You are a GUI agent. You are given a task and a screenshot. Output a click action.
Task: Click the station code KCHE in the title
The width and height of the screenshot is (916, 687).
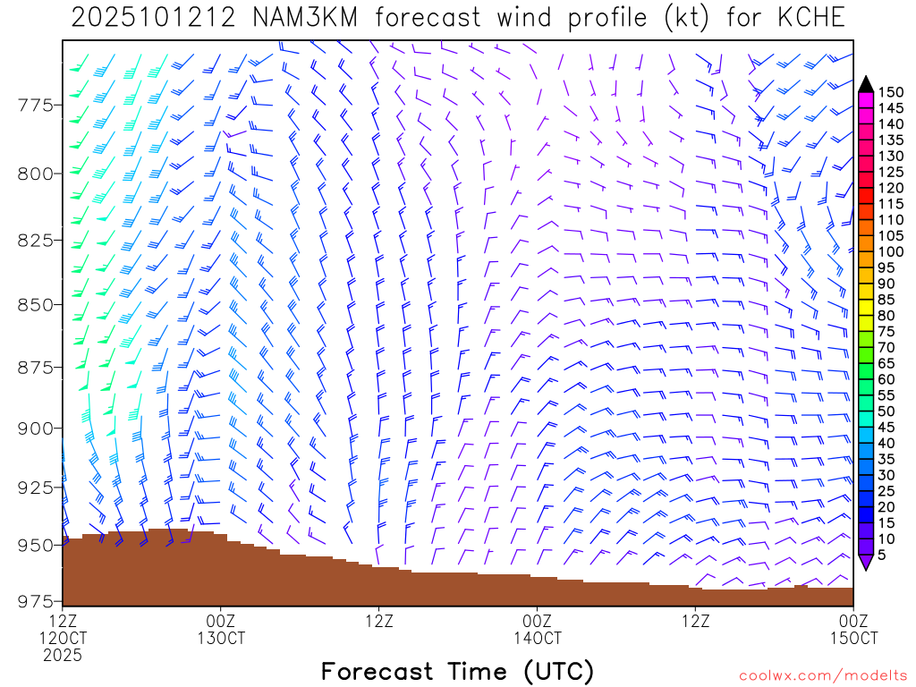809,17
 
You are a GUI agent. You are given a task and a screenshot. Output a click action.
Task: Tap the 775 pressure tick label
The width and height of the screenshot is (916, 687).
36,106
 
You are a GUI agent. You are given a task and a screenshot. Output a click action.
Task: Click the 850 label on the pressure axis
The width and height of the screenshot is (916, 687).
36,305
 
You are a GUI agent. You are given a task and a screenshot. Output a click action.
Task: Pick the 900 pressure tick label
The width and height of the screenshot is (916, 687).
36,428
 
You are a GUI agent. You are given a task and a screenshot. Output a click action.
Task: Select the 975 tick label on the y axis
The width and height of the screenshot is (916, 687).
36,600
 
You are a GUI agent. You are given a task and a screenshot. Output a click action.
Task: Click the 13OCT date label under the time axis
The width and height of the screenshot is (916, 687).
221,638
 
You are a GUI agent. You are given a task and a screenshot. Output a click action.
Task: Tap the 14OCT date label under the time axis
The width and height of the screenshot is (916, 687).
538,638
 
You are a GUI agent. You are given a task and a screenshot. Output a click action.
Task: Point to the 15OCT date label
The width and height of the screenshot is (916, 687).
853,638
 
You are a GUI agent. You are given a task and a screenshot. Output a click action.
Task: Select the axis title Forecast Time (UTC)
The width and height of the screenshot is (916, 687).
457,671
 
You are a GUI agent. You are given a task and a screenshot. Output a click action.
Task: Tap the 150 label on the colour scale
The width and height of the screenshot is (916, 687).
891,92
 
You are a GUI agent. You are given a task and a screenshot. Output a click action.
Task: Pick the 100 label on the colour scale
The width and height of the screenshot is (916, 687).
891,251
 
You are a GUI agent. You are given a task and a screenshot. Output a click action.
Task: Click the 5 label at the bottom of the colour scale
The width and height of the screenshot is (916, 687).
883,555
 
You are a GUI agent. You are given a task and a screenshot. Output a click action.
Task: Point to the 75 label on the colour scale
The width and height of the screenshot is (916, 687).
887,331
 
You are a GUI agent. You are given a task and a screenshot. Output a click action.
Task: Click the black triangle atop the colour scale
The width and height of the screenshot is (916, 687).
866,84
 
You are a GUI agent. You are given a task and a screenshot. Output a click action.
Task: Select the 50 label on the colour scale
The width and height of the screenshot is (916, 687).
887,411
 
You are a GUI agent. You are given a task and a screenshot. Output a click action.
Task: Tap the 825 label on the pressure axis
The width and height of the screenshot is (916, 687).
36,241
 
